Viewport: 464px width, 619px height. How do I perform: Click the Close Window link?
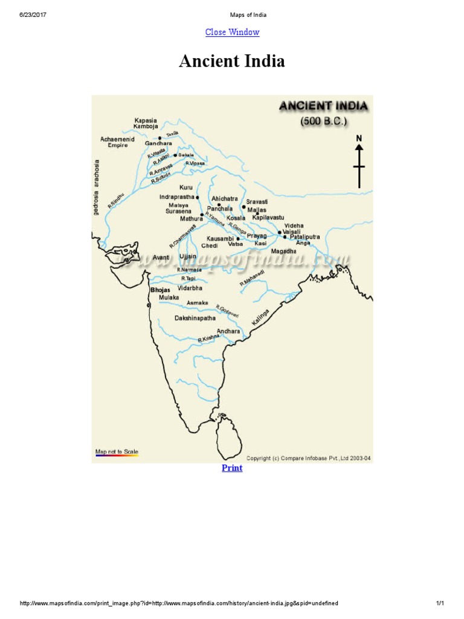pos(232,32)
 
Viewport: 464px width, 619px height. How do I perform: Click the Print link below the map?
pos(232,468)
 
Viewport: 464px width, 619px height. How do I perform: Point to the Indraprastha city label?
pos(176,197)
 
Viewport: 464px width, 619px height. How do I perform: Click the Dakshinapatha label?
pos(195,318)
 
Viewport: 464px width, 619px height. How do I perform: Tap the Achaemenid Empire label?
pos(117,142)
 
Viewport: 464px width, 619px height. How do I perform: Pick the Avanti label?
pos(161,258)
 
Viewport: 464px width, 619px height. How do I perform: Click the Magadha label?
pos(283,251)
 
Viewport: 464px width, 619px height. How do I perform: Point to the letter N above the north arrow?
pos(359,138)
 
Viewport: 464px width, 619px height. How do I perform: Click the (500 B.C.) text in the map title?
pos(324,121)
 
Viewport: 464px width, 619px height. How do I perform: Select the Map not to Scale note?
pos(117,451)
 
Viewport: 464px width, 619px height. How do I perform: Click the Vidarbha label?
pos(190,288)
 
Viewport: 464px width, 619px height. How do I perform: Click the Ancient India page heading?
pos(232,62)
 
